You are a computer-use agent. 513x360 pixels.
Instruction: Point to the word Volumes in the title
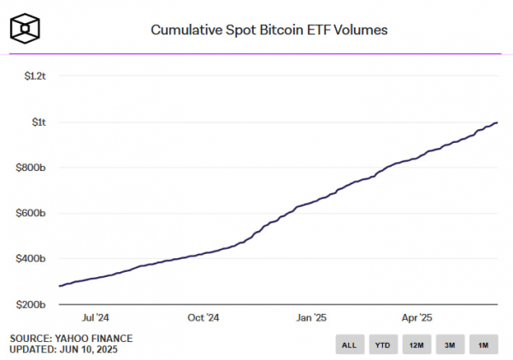pos(362,30)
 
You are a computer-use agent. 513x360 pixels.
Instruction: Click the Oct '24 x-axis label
pos(203,317)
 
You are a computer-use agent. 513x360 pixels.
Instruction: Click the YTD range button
pos(382,345)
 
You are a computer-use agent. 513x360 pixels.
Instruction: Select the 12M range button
pos(416,345)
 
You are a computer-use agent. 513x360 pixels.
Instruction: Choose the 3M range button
pos(450,345)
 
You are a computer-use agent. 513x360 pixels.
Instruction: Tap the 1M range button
pos(483,345)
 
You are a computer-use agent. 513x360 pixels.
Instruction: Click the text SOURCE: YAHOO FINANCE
pos(71,339)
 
